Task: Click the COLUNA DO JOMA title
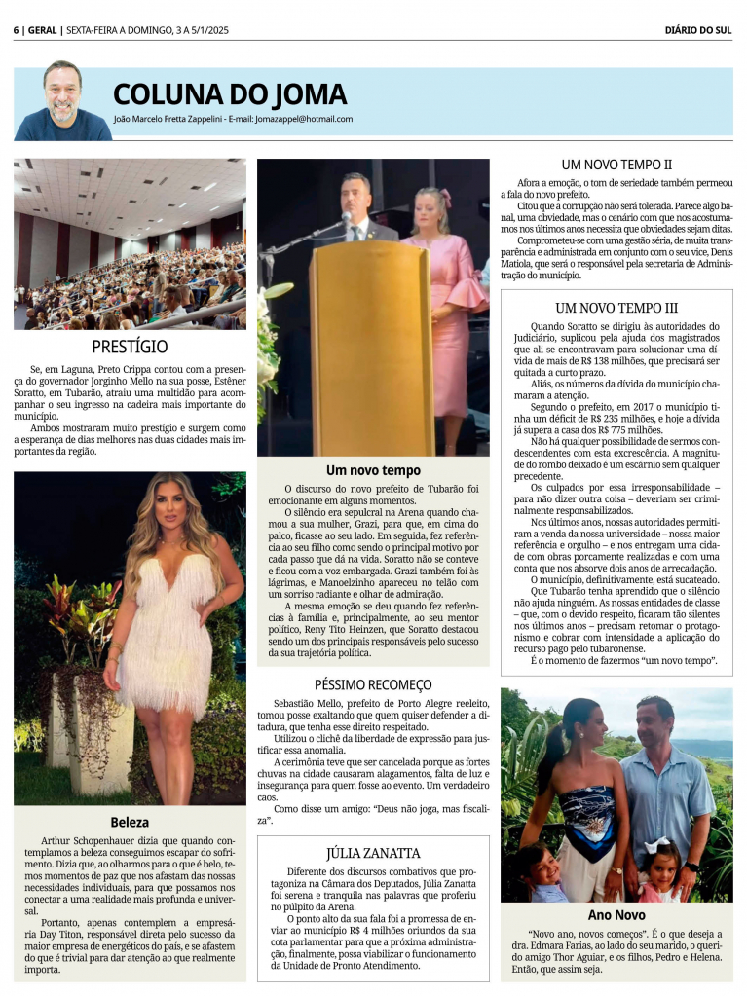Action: [x=230, y=94]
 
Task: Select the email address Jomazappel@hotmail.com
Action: [x=305, y=119]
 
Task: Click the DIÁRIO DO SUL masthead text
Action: [x=697, y=29]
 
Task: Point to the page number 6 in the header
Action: [x=17, y=29]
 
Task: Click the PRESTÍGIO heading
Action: [x=130, y=347]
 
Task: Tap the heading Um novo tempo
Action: [x=373, y=470]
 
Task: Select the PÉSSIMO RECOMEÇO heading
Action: [x=373, y=684]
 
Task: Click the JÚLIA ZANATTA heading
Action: [x=373, y=852]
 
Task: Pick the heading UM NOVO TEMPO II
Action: [x=616, y=165]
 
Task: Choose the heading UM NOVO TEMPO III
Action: [x=616, y=308]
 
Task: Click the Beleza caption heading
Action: [x=130, y=822]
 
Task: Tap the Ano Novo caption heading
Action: [x=616, y=915]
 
